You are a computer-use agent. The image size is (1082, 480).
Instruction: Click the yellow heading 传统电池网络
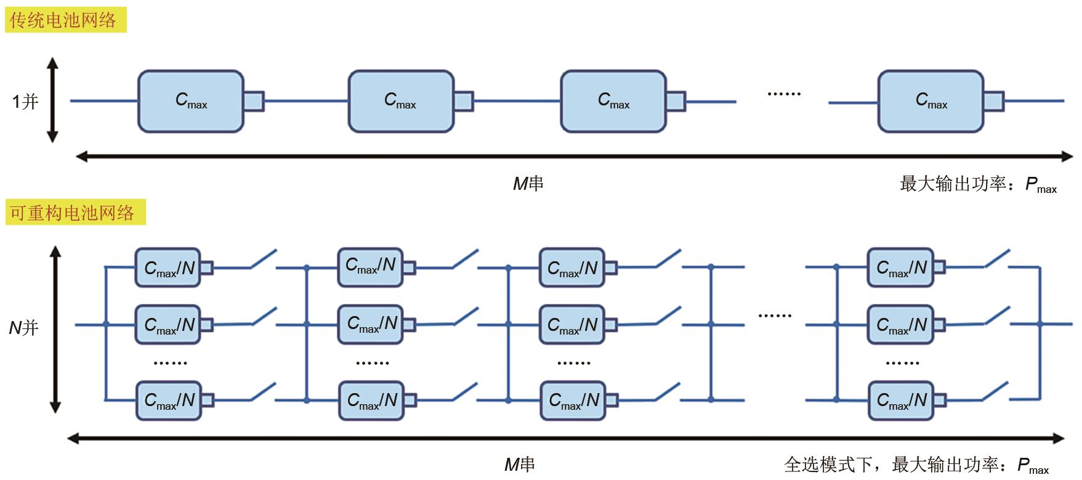pos(63,20)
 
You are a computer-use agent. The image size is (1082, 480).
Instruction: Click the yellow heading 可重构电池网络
pos(73,213)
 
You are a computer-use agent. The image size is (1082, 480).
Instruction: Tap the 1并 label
pos(25,101)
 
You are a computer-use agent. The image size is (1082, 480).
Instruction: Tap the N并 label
pos(23,327)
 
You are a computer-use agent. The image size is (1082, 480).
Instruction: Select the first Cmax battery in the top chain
pos(191,101)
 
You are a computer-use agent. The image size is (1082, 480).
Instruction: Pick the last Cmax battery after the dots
pos(931,101)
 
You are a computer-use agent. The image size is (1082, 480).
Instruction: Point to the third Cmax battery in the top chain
pos(613,101)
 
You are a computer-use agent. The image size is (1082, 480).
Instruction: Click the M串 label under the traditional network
pos(528,184)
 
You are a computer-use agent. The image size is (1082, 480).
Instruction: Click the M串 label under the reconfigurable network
pos(519,464)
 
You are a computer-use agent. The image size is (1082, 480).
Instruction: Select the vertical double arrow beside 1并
pos(52,100)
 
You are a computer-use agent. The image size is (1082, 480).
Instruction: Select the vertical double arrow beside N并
pos(55,329)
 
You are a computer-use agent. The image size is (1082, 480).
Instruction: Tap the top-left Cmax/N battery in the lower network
pos(168,267)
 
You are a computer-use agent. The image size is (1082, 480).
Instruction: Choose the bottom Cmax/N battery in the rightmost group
pos(901,401)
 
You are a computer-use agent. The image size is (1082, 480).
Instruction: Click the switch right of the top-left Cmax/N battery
pos(263,259)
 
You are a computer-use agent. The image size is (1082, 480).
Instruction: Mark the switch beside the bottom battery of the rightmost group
pos(996,392)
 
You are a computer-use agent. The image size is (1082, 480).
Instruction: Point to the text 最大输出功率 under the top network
pos(953,184)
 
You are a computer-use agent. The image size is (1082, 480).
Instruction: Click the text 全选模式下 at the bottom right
pos(828,464)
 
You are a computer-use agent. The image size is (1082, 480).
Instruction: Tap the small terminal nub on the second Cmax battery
pos(464,101)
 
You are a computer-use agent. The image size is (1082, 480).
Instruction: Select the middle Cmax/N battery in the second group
pos(371,323)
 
